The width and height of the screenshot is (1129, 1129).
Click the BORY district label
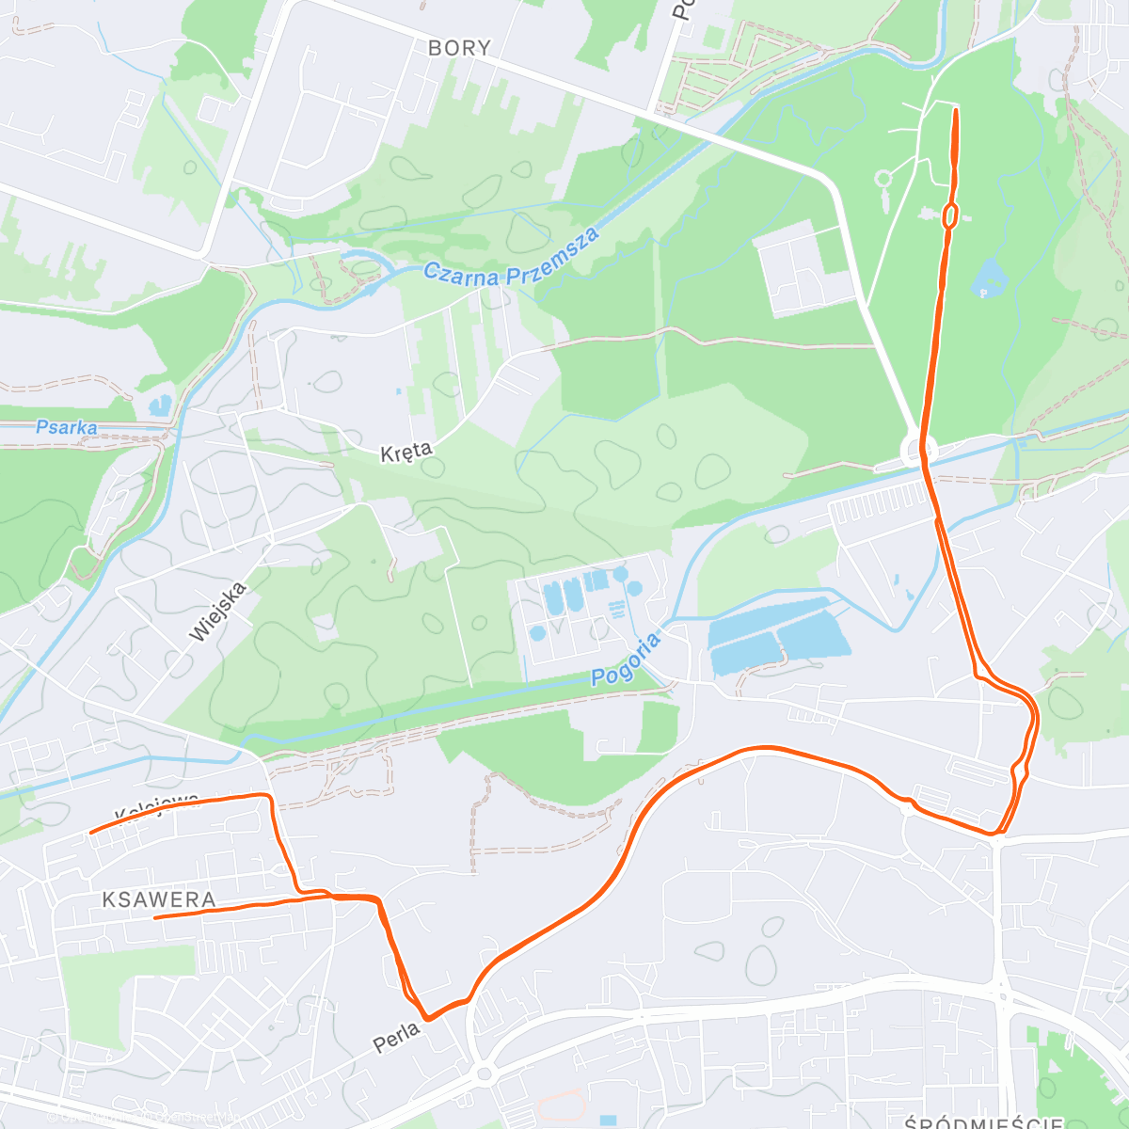point(459,48)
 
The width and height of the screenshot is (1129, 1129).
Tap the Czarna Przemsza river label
point(512,261)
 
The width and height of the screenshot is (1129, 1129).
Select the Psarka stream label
point(66,427)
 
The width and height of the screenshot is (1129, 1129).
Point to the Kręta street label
point(406,453)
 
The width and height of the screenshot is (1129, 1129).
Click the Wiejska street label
point(217,612)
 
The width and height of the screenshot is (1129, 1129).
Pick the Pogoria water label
point(627,660)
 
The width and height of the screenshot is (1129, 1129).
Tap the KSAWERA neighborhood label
point(159,899)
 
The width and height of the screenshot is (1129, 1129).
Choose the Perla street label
point(397,1038)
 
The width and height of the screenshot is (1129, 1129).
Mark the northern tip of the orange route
point(956,111)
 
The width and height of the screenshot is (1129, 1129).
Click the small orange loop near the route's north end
point(950,216)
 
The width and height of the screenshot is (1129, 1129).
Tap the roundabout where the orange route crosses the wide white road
point(918,450)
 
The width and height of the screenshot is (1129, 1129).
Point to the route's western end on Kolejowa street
point(90,832)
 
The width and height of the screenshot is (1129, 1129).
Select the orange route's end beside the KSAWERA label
point(155,916)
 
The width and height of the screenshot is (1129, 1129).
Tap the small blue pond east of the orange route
point(989,278)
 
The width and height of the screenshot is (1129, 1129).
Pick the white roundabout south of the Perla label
point(485,1073)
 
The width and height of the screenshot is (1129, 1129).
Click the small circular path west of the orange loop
point(883,178)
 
